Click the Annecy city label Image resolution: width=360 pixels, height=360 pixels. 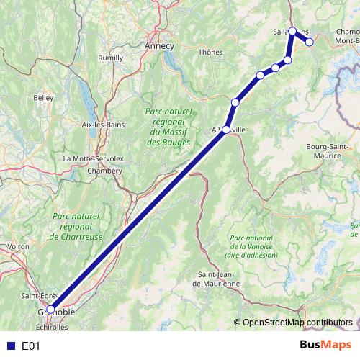coord(160,45)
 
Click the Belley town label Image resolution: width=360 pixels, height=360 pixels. coord(43,97)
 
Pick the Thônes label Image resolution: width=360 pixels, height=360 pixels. coord(210,52)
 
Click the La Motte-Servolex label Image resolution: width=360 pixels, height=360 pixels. coord(89,158)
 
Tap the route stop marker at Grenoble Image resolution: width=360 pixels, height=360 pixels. coord(50,308)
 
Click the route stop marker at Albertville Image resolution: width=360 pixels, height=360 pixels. coord(226,130)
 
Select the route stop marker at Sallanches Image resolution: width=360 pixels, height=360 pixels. coord(293,32)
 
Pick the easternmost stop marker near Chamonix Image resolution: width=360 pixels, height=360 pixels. coord(310,42)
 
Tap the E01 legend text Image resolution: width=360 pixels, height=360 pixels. coord(30,346)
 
